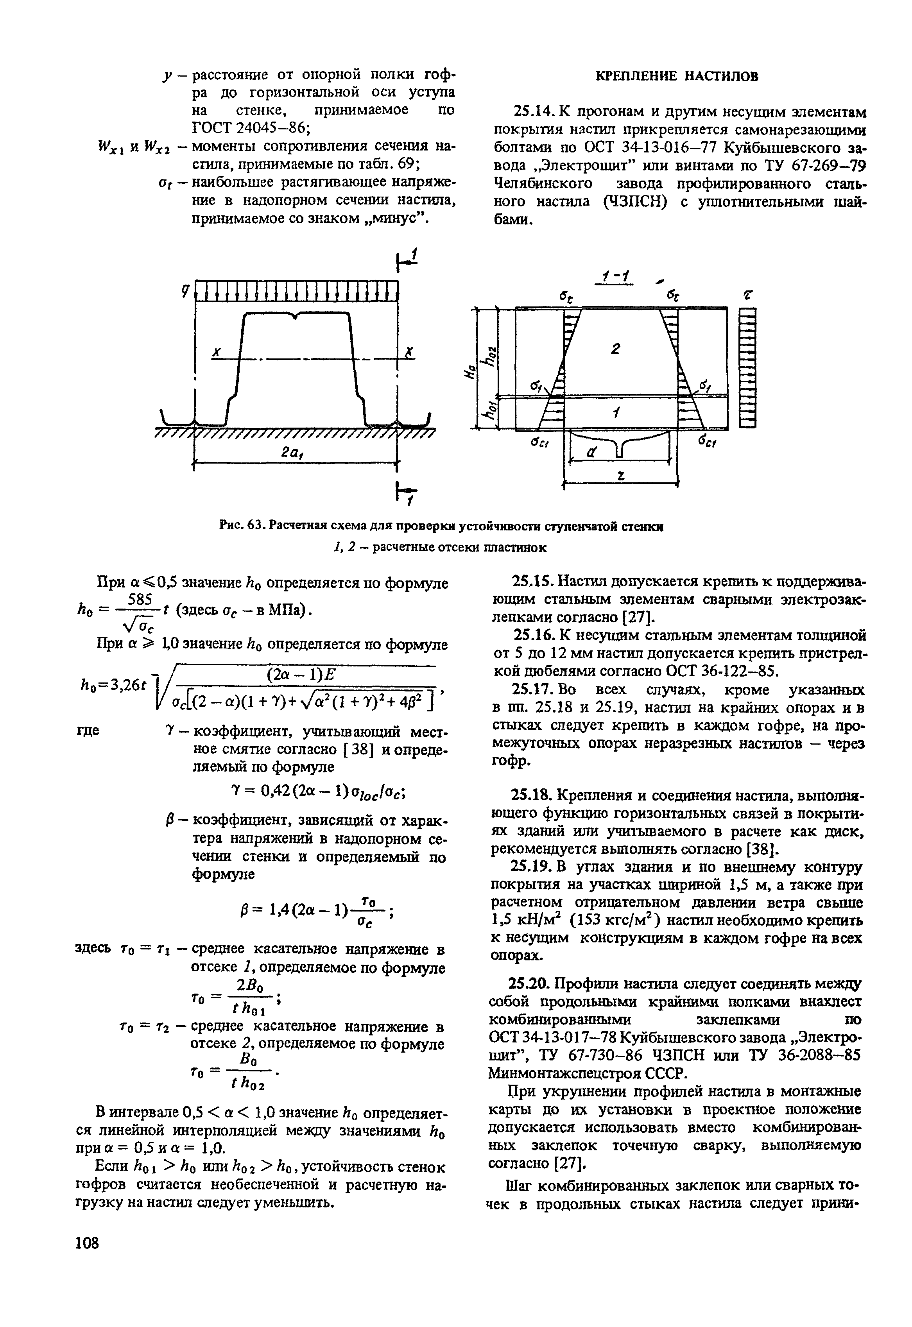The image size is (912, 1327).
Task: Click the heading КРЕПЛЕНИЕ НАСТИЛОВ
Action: tap(677, 76)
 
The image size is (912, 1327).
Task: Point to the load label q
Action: tap(184, 291)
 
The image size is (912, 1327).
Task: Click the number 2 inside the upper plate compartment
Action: tap(615, 348)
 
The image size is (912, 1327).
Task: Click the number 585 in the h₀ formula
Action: tap(140, 599)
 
